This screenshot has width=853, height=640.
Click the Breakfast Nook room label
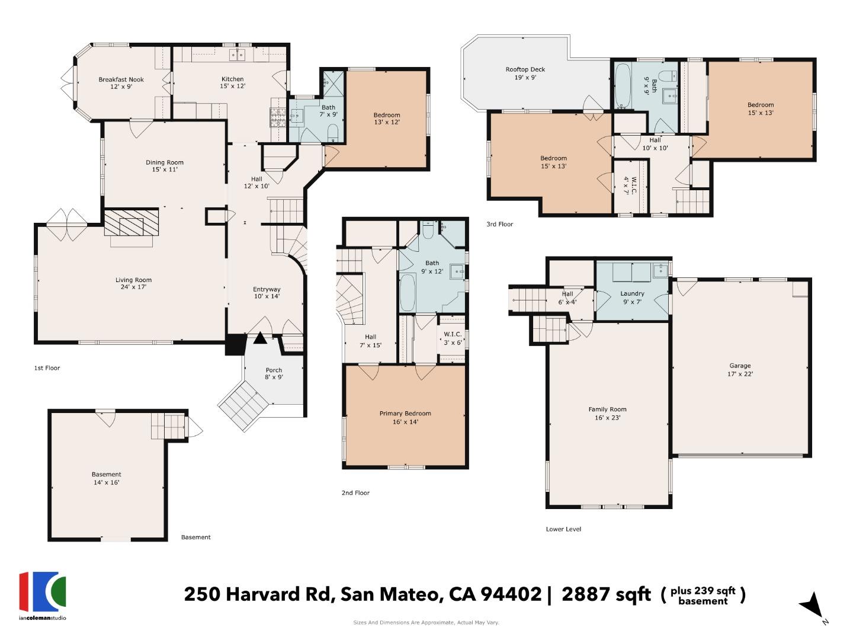(121, 83)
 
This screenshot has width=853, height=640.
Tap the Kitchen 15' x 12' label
(232, 82)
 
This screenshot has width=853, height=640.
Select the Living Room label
(133, 283)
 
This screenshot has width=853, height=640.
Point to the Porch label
(274, 373)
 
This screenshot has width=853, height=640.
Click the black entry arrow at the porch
(260, 338)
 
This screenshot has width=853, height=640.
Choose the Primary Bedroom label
(405, 417)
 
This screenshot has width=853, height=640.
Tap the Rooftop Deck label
(525, 73)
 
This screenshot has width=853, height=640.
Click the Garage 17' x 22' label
(740, 370)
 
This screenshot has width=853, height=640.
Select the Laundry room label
(632, 297)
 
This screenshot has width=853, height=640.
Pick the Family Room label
(607, 413)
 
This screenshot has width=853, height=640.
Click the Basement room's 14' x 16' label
(106, 482)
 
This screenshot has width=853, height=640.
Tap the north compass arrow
(812, 606)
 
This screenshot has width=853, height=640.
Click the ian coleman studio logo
(43, 595)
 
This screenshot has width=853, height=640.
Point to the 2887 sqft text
(605, 594)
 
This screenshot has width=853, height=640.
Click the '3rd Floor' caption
(500, 224)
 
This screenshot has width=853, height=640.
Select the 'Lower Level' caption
(563, 529)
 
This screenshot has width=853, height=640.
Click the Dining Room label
(165, 165)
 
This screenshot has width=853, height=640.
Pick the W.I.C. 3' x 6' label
(453, 338)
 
